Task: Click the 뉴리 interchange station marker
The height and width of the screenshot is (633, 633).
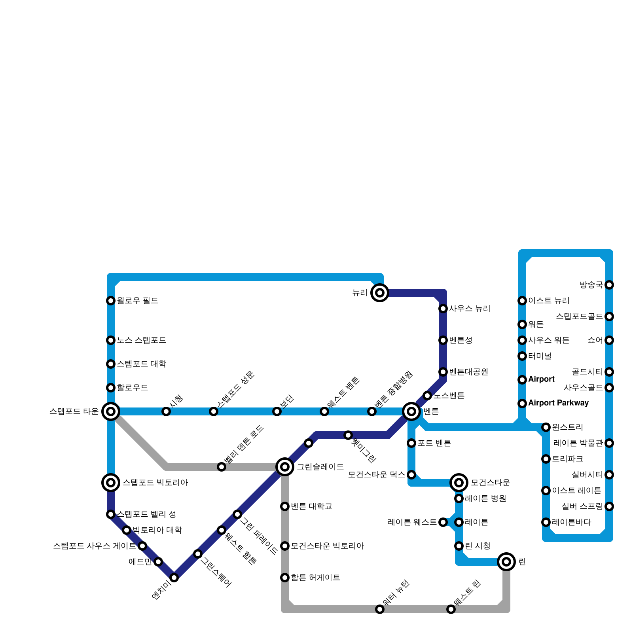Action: (x=380, y=293)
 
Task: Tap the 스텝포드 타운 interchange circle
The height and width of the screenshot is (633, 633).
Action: (x=111, y=411)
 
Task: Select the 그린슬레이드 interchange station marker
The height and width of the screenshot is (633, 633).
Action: (x=285, y=467)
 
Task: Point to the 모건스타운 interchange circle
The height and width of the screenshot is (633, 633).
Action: (x=459, y=483)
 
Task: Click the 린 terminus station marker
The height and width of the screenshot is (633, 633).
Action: (x=506, y=562)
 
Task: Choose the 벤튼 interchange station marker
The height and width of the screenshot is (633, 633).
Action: (x=411, y=411)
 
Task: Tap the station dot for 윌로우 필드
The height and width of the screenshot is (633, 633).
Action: (x=111, y=301)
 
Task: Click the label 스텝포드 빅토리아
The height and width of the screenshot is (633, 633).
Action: (x=155, y=483)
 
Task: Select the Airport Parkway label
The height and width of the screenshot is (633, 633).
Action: (x=558, y=403)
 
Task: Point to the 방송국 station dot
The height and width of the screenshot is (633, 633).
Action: (x=609, y=285)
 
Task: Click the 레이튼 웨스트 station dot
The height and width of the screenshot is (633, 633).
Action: (x=443, y=522)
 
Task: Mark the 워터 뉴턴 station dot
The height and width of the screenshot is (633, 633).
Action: (x=380, y=609)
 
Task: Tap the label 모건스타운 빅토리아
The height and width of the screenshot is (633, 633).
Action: (x=327, y=546)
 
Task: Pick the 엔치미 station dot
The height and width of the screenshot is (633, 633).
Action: (x=174, y=578)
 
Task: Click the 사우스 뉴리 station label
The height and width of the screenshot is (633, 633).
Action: (x=470, y=309)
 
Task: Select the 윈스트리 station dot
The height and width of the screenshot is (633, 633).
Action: (x=546, y=427)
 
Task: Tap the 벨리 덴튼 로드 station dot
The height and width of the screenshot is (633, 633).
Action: (x=222, y=467)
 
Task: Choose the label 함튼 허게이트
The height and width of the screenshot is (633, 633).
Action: (x=315, y=578)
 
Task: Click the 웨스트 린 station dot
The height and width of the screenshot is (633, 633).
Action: (x=451, y=609)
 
